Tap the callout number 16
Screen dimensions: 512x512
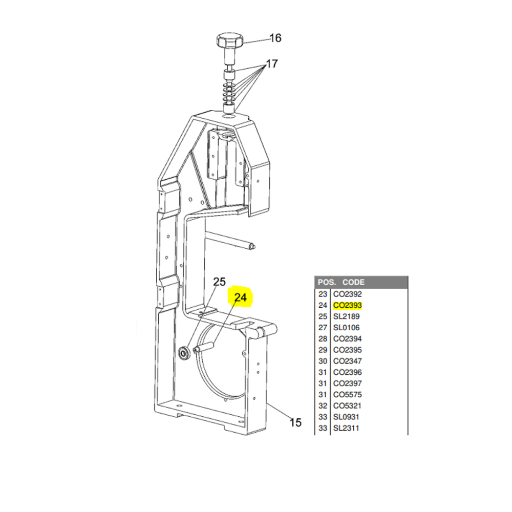coord(275,38)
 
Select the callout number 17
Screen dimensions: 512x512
coord(272,63)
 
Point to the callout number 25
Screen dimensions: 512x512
coord(220,282)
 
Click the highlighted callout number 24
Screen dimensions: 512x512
coord(240,297)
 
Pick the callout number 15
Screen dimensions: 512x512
coord(295,422)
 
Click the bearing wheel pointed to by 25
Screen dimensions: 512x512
coord(183,353)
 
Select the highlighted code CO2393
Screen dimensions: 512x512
coord(348,305)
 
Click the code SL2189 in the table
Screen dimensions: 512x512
coord(346,316)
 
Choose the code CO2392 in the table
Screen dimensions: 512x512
coord(348,294)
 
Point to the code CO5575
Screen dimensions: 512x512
coord(348,394)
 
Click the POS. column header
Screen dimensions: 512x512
coord(327,282)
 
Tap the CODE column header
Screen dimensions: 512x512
coord(353,282)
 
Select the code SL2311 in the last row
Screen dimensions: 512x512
coord(346,428)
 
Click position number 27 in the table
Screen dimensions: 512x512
coord(323,328)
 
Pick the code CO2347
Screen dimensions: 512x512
coord(348,361)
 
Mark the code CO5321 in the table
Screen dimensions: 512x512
coord(347,406)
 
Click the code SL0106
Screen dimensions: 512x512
coord(346,328)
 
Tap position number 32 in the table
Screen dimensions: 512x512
coord(323,406)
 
